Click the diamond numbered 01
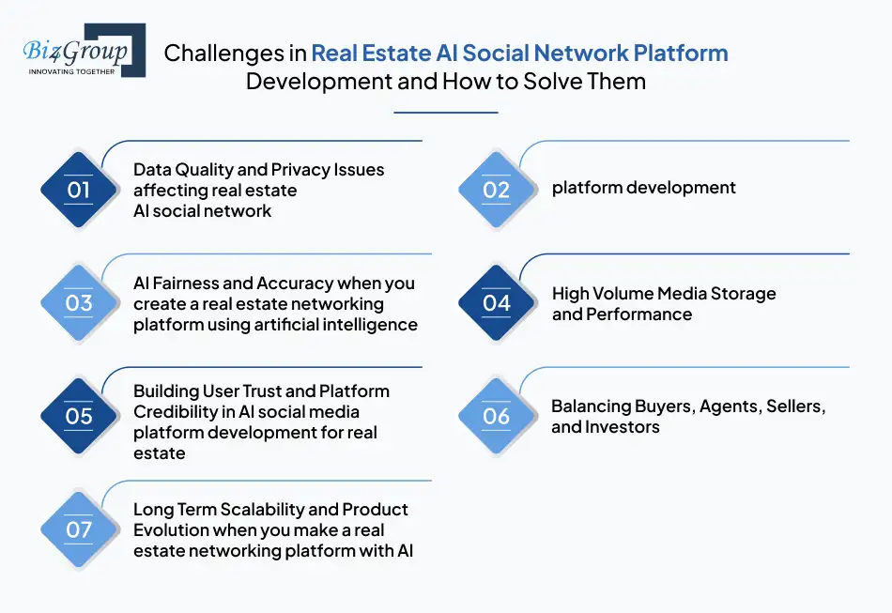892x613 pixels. click(x=79, y=191)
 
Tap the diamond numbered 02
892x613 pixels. click(x=496, y=191)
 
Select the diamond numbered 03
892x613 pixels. click(x=79, y=303)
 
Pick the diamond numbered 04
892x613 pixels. click(x=496, y=303)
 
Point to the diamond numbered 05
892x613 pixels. click(x=79, y=416)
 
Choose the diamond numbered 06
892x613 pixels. click(x=496, y=416)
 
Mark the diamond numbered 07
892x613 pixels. click(x=79, y=529)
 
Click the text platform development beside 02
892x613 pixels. click(x=643, y=188)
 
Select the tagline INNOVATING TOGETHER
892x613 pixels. click(x=71, y=71)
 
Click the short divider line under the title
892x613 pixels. click(x=445, y=113)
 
